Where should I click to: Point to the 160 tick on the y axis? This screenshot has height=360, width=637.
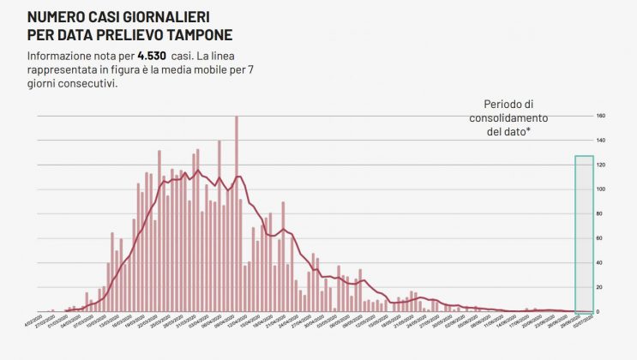601,116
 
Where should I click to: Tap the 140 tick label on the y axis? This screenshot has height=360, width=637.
601,140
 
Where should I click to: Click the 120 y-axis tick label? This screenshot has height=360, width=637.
601,165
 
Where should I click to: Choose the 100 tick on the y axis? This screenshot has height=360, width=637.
601,189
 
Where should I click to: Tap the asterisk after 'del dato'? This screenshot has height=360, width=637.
528,129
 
